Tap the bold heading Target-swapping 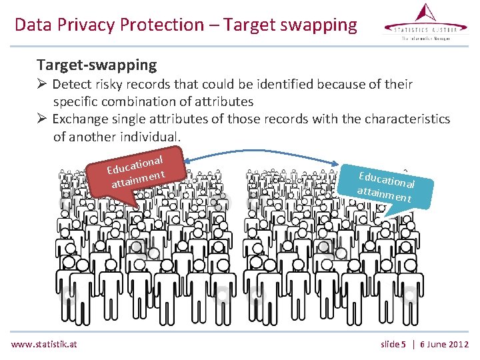(x=97, y=65)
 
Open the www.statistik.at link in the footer (x=44, y=344)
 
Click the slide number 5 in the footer (x=403, y=344)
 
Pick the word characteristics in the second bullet (x=400, y=119)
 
